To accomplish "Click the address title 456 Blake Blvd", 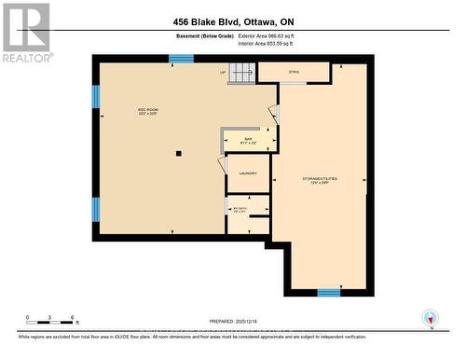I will [x=232, y=22].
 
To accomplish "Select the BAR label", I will [x=249, y=140].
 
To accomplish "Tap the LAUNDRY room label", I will [x=248, y=173].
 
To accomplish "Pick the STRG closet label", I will [x=294, y=71].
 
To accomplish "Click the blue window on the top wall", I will [x=181, y=59].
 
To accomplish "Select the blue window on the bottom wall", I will [x=328, y=293].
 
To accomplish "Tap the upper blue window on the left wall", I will [x=95, y=97].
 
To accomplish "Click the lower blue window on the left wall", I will [x=95, y=208].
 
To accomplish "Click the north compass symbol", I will [x=429, y=317].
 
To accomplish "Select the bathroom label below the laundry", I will [x=240, y=210].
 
